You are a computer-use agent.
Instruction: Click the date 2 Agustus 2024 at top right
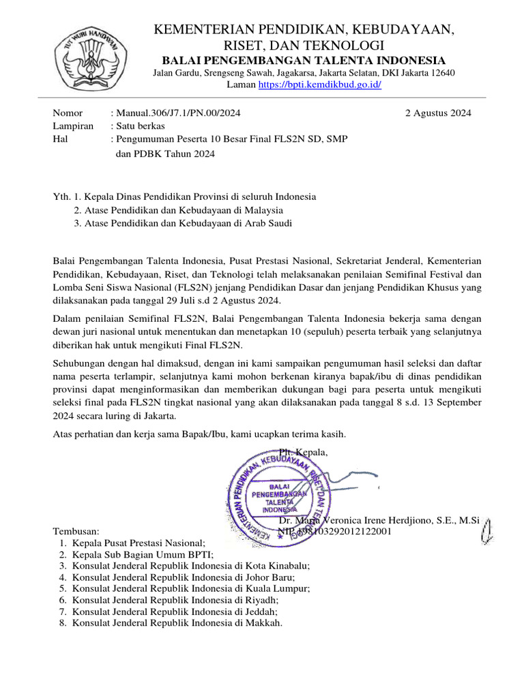(437, 113)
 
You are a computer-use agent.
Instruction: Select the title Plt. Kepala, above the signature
(303, 453)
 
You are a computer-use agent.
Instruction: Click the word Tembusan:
(76, 531)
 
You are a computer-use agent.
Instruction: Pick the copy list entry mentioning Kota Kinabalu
(190, 565)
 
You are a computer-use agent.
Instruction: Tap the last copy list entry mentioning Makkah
(177, 622)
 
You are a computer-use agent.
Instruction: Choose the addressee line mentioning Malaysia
(178, 210)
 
